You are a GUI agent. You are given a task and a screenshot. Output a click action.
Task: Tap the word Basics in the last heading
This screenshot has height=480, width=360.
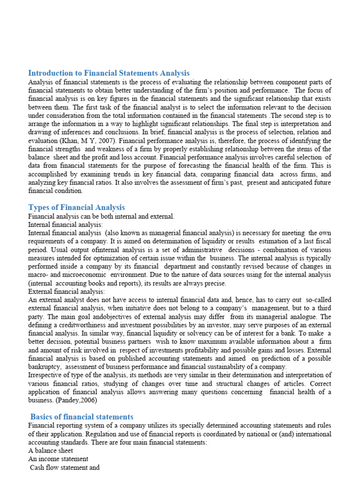pyautogui.click(x=43, y=416)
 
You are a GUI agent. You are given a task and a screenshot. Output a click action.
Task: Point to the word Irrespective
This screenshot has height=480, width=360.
pyautogui.click(x=47, y=375)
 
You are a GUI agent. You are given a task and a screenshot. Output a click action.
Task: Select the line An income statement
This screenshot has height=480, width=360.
pyautogui.click(x=58, y=459)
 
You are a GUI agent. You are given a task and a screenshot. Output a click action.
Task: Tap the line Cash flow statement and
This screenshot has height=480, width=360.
pyautogui.click(x=65, y=467)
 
